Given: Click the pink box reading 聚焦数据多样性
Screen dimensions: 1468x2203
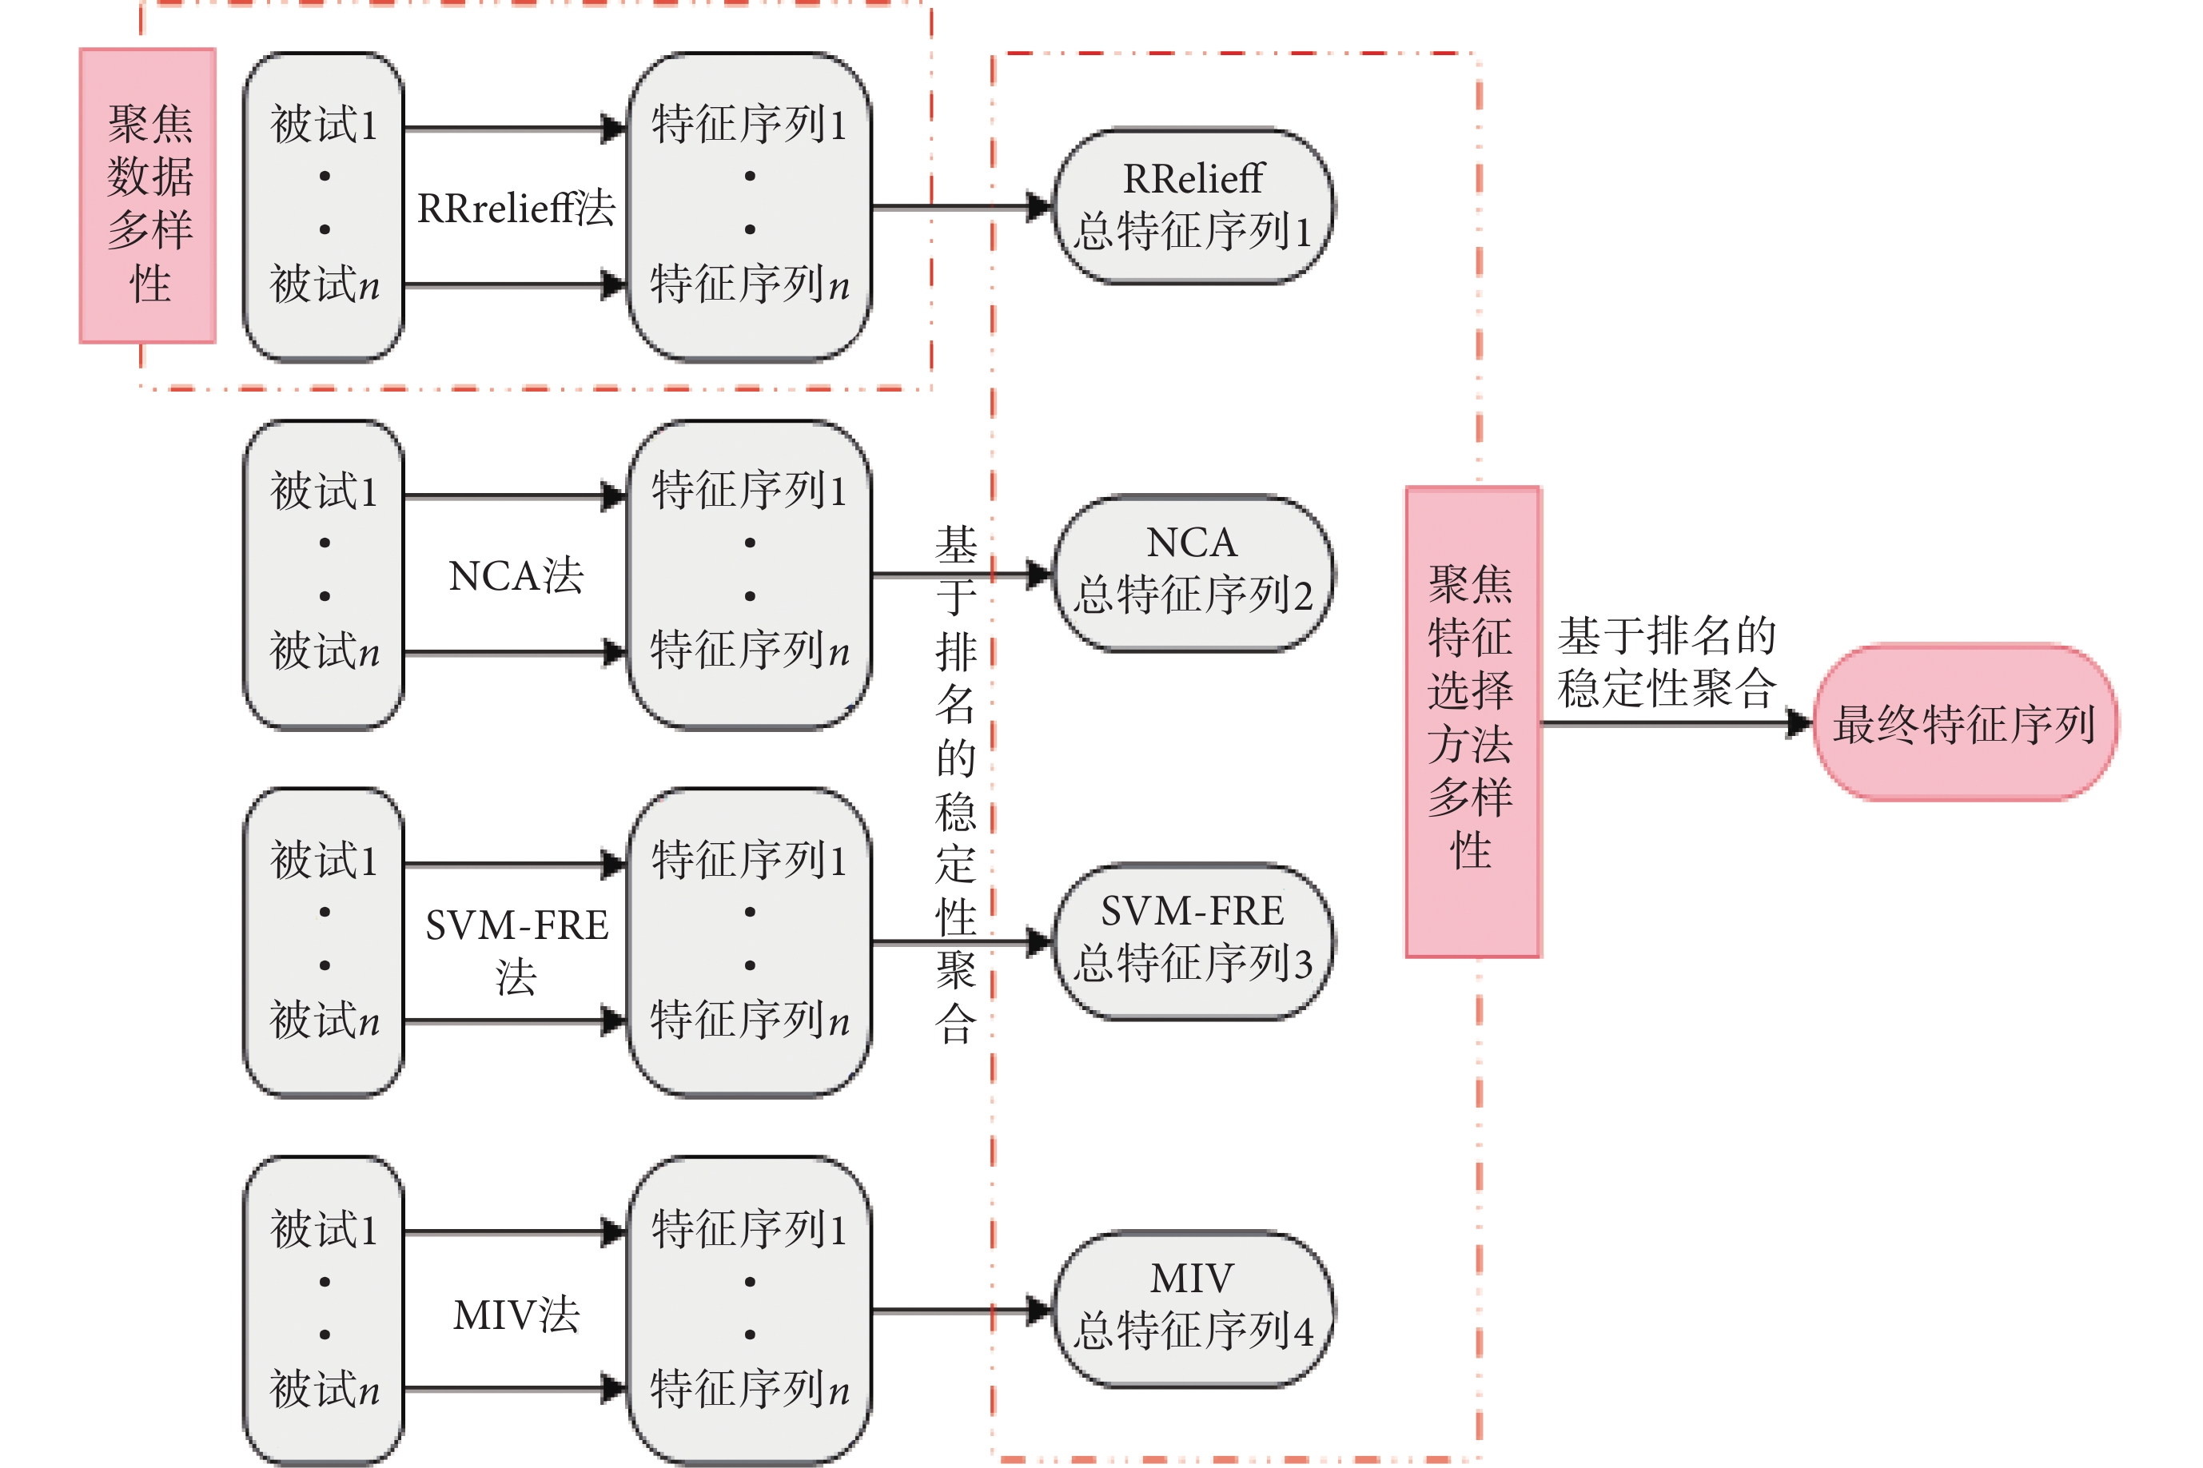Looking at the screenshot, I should pyautogui.click(x=148, y=196).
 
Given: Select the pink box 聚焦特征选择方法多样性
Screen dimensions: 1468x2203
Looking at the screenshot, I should pyautogui.click(x=1472, y=721).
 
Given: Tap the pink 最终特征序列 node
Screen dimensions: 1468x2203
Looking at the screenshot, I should pyautogui.click(x=1964, y=722).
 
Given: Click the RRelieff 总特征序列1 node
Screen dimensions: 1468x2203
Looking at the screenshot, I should pyautogui.click(x=1193, y=206).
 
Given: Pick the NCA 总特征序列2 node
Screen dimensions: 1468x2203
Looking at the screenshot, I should pyautogui.click(x=1193, y=572).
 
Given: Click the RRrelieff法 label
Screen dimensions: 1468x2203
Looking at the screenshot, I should pyautogui.click(x=516, y=208).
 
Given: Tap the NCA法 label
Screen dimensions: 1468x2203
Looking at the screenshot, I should pyautogui.click(x=516, y=576).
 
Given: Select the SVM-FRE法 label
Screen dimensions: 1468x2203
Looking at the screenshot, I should pyautogui.click(x=516, y=949).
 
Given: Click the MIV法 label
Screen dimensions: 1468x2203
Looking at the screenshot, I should pyautogui.click(x=516, y=1315).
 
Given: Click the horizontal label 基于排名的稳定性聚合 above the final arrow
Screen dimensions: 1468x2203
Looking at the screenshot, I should pyautogui.click(x=1667, y=662).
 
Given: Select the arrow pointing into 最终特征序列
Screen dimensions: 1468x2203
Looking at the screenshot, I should pyautogui.click(x=1676, y=722).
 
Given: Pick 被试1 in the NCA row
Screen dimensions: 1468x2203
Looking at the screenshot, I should pyautogui.click(x=324, y=491).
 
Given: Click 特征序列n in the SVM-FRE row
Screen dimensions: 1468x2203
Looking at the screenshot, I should pyautogui.click(x=749, y=1020).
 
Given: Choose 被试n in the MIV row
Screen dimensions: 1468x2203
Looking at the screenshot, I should pyautogui.click(x=324, y=1388).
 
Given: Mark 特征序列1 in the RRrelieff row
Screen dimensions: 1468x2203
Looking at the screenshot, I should pyautogui.click(x=749, y=125).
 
